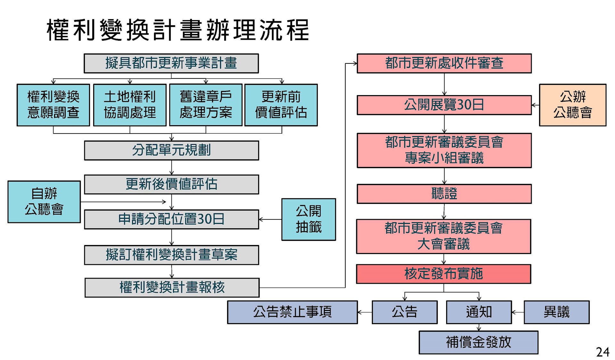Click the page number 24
(602, 352)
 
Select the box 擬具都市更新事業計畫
(171, 63)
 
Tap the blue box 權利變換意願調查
(53, 105)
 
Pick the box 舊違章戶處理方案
(206, 105)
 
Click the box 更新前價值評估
(281, 105)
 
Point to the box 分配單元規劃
(171, 150)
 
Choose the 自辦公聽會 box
(44, 201)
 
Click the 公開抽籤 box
(308, 219)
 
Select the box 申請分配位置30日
(171, 219)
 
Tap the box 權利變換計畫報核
(172, 287)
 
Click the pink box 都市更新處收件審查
(444, 63)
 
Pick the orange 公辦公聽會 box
(572, 105)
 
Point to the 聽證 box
(444, 193)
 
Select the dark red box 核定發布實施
(443, 274)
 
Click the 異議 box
(556, 312)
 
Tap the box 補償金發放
(478, 342)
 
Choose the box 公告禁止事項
(292, 312)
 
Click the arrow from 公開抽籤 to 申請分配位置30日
(270, 219)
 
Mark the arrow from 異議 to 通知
(518, 312)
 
